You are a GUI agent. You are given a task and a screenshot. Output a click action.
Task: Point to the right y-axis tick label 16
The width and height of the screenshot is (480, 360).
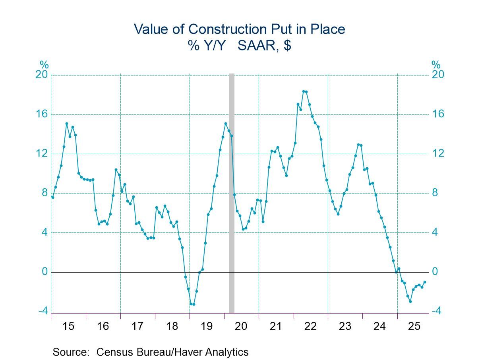[x=438, y=114]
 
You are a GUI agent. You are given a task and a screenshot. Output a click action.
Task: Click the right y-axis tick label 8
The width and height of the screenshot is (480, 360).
[x=436, y=193]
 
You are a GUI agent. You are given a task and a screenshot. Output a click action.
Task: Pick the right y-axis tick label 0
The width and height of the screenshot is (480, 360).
[x=436, y=272]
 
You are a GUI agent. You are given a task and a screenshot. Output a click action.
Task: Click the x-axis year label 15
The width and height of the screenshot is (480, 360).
[x=68, y=327]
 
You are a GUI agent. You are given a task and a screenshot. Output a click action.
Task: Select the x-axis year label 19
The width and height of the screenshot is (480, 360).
[x=207, y=327]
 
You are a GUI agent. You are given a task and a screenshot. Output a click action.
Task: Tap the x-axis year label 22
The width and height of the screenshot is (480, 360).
[x=310, y=327]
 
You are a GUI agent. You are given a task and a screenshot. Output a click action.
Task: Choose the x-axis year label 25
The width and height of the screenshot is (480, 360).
[x=414, y=327]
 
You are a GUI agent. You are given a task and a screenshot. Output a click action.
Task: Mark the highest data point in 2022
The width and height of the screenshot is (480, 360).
[x=304, y=91]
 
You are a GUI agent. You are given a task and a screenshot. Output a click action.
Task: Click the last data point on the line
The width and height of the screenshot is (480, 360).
[x=425, y=282]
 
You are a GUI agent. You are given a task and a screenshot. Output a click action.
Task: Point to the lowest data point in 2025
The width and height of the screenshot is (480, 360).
[x=410, y=301]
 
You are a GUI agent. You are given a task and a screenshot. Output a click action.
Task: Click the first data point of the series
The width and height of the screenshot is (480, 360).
[x=52, y=197]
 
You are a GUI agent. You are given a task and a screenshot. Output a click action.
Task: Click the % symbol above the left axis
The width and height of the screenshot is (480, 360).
[x=44, y=65]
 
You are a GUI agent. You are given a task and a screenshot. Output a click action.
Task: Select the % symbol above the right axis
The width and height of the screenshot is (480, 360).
[x=436, y=65]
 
